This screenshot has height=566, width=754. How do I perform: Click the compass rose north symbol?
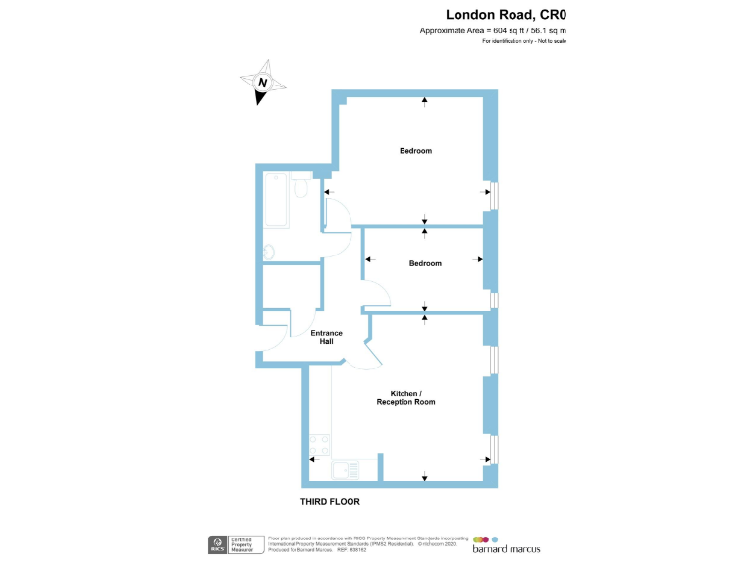[262, 84]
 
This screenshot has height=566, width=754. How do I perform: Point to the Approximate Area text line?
[493, 31]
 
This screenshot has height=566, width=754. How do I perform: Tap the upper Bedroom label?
[415, 151]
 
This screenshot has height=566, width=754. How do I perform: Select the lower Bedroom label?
[425, 263]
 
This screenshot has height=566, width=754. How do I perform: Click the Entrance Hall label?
[327, 337]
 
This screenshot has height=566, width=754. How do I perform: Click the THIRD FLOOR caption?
[330, 502]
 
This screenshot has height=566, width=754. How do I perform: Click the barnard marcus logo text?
[507, 547]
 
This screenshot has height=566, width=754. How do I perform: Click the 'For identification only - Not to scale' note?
[523, 42]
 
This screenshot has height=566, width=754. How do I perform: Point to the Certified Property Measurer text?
[242, 543]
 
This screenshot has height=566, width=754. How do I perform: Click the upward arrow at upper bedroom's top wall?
[425, 99]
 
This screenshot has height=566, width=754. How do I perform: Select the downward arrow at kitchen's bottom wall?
[425, 478]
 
